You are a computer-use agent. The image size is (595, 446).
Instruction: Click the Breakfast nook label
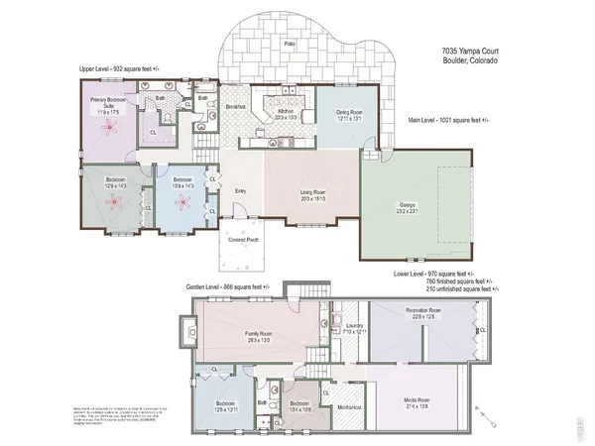tap(235, 106)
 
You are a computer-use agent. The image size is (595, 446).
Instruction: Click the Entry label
tap(240, 191)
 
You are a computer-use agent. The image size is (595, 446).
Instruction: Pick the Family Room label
tap(259, 334)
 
